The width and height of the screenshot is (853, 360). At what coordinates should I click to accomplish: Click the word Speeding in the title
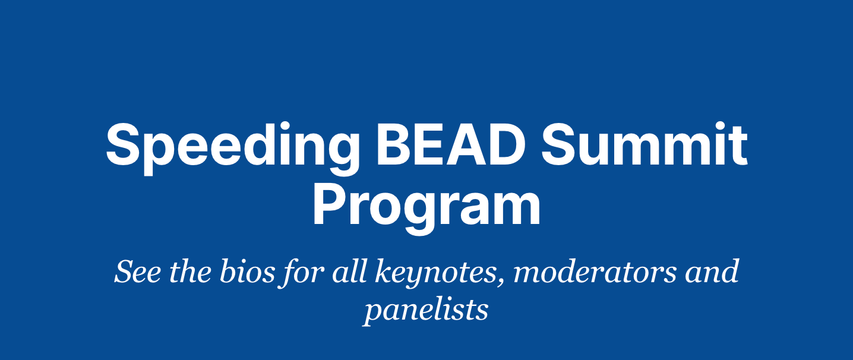tap(233, 149)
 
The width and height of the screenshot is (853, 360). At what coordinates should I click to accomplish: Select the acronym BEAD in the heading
tap(451, 145)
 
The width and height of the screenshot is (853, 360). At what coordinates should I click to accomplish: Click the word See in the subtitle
tap(137, 271)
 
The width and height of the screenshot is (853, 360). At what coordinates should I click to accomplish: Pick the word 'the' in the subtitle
tap(190, 271)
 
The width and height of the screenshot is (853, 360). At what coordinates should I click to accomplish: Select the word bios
tap(247, 271)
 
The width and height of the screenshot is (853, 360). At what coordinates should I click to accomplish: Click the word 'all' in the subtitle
tap(349, 271)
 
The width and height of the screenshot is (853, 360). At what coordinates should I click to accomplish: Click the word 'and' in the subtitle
tap(712, 271)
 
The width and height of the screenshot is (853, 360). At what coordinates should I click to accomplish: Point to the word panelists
tap(426, 311)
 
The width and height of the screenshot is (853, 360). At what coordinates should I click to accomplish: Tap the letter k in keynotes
tap(384, 271)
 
